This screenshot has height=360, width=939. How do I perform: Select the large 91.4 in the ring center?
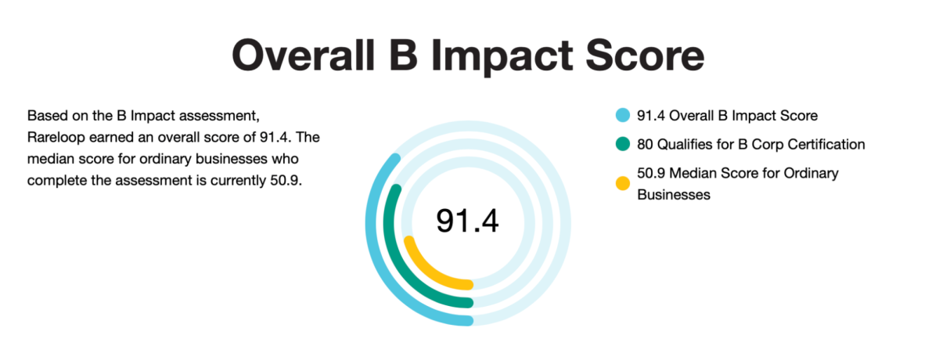point(467,221)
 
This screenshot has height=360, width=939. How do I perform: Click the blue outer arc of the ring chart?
point(372,235)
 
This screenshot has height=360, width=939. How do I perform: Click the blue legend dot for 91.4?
point(623,116)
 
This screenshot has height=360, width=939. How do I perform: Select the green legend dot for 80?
point(623,145)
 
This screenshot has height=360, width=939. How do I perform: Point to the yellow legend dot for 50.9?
point(623,184)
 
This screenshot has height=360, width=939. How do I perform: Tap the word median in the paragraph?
point(49,160)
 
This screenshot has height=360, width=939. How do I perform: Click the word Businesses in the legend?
point(674,195)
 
